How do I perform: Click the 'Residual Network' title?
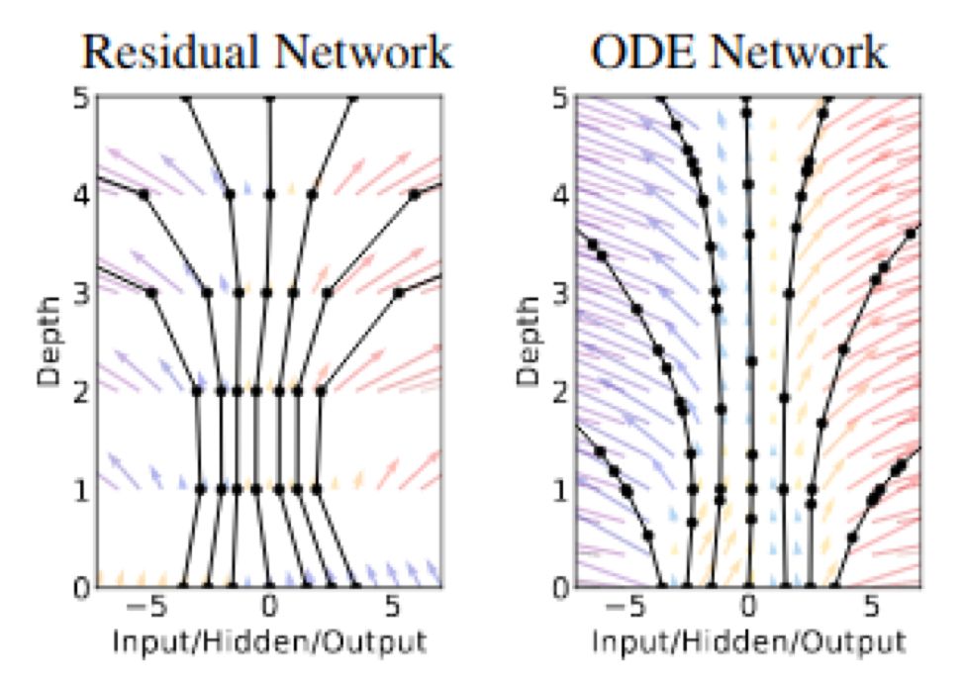267,51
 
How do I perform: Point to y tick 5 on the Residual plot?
81,98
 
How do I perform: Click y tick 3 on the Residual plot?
81,293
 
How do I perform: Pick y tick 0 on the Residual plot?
81,586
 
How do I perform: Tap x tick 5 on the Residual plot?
392,607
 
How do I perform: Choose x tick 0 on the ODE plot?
749,607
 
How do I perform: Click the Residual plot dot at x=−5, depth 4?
145,195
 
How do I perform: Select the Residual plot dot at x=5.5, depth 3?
398,293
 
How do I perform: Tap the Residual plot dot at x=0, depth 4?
269,195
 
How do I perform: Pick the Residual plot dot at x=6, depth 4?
415,195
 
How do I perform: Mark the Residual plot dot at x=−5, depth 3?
151,293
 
